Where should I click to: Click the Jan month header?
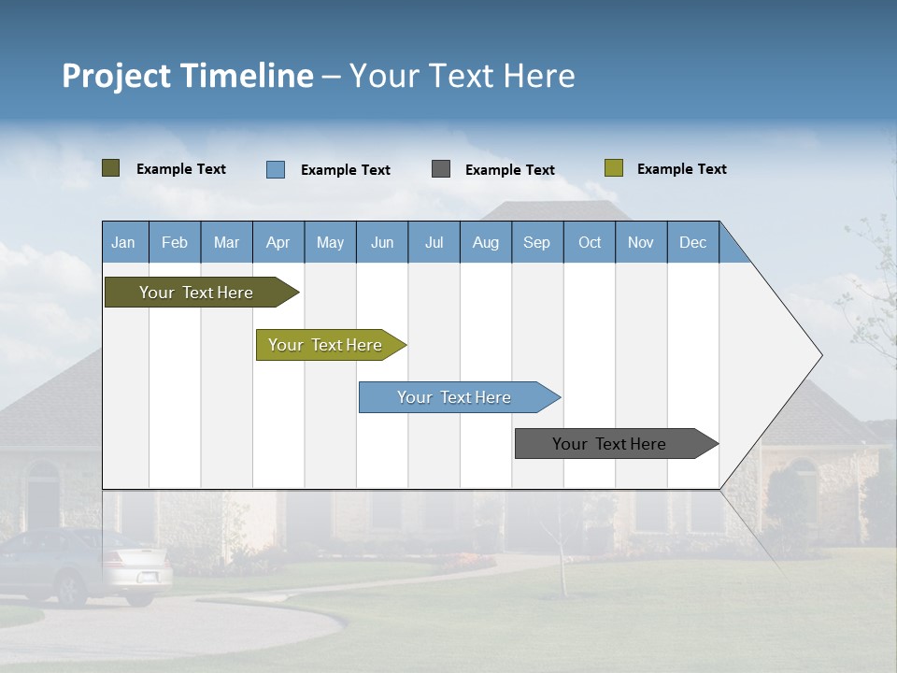click(123, 242)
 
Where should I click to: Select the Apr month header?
click(278, 242)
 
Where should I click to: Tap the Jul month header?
click(434, 242)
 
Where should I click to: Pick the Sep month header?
click(536, 242)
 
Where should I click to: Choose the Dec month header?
click(692, 242)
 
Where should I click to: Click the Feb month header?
click(175, 242)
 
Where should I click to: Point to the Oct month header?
click(590, 242)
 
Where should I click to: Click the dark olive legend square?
click(110, 168)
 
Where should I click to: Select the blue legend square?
click(276, 169)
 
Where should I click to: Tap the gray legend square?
click(441, 169)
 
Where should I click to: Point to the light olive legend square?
click(613, 168)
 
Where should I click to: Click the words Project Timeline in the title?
click(187, 76)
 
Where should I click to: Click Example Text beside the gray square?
click(509, 170)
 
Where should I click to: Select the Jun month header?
click(381, 242)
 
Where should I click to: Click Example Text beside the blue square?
click(345, 170)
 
